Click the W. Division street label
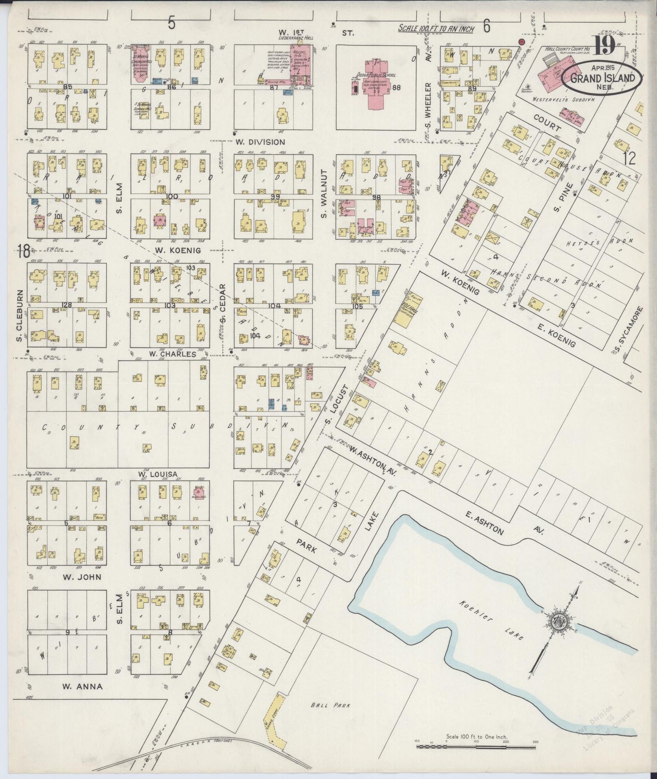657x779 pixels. (260, 142)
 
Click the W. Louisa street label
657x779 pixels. (157, 474)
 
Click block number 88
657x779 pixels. (396, 87)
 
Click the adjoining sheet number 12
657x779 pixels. (629, 159)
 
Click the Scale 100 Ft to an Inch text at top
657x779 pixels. (436, 29)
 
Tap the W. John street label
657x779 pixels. (82, 577)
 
